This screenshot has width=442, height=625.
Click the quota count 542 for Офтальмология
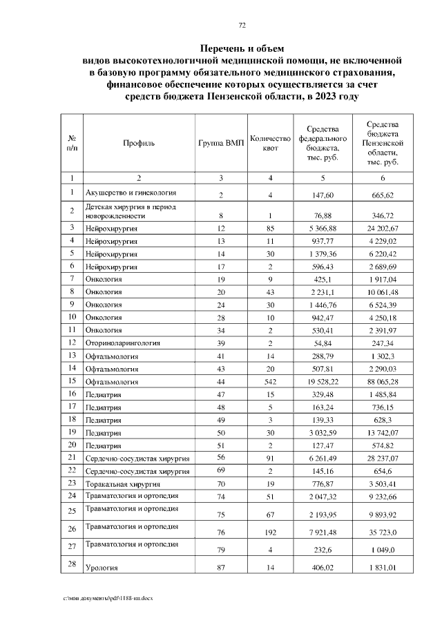click(x=270, y=381)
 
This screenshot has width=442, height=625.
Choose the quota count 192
click(x=270, y=532)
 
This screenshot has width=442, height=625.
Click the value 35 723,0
click(x=382, y=532)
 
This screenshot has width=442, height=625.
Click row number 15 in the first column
click(x=71, y=380)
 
